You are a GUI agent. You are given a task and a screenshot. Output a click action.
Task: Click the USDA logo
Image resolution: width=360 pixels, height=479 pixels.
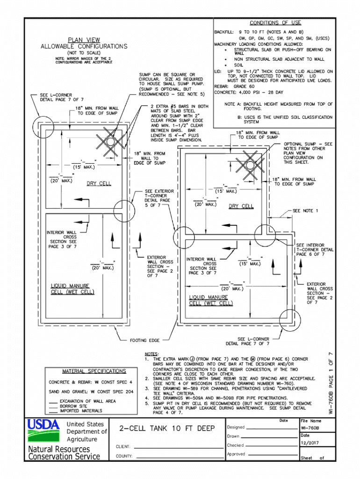click(43, 430)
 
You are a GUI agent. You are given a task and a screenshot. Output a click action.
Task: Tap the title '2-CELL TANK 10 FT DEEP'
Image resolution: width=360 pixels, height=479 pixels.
click(167, 428)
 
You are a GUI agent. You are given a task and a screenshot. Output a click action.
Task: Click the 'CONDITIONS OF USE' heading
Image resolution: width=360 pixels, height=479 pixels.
click(275, 22)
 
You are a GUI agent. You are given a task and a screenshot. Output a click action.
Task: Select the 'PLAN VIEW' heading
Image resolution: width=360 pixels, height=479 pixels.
click(84, 40)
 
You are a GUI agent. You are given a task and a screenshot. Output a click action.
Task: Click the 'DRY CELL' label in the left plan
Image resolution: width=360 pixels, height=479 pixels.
click(99, 183)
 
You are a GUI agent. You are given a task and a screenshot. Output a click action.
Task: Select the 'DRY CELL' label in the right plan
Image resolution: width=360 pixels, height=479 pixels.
click(241, 206)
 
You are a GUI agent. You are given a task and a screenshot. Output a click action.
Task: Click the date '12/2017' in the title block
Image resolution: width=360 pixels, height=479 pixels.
click(309, 443)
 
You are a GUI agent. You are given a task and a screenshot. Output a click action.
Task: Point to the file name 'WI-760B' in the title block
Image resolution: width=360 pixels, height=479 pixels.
click(310, 428)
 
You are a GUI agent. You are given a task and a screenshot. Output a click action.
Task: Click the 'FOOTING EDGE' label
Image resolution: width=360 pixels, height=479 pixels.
click(144, 340)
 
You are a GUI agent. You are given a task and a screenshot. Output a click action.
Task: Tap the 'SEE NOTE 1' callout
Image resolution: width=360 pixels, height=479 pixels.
click(305, 211)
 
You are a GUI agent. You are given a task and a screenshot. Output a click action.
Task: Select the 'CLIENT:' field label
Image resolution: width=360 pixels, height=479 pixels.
click(123, 447)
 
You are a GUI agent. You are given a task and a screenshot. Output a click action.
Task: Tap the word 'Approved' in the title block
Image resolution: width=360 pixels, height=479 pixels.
click(236, 454)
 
